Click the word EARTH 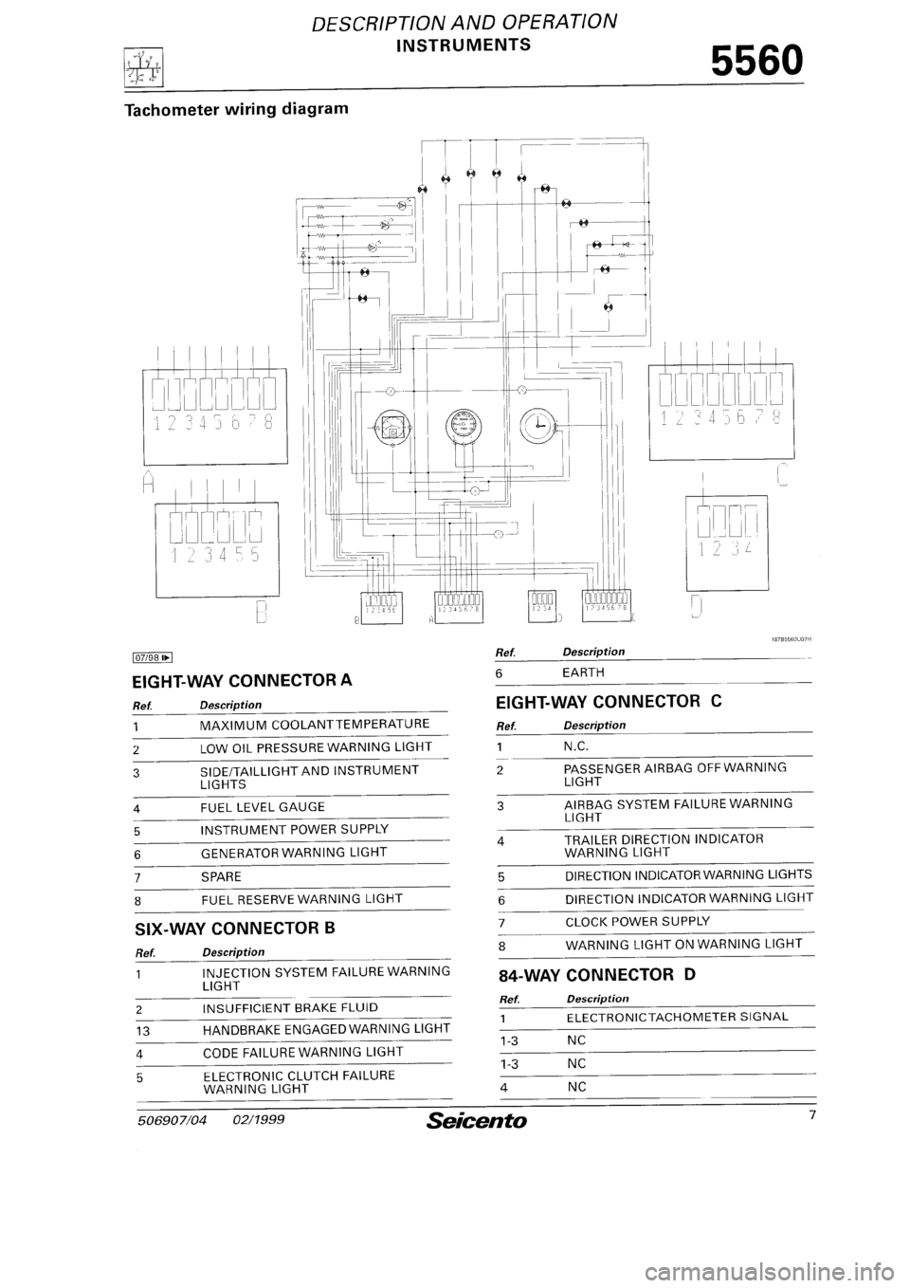pyautogui.click(x=584, y=672)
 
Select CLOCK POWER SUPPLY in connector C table pyautogui.click(x=637, y=920)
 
